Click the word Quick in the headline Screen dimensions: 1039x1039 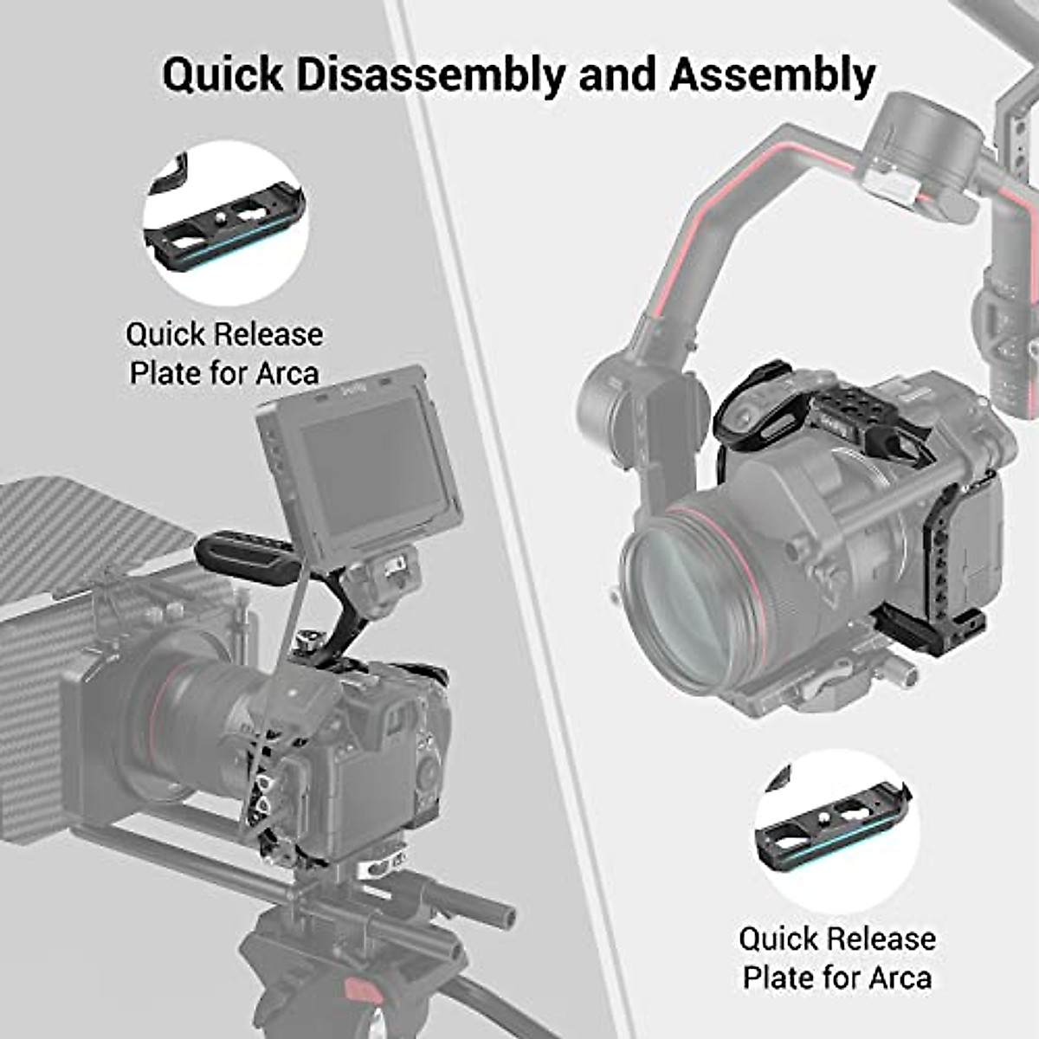pyautogui.click(x=223, y=75)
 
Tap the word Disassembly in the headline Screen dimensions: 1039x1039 pyautogui.click(x=429, y=75)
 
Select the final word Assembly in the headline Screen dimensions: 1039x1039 pyautogui.click(x=771, y=75)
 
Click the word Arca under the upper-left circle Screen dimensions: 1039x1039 pyautogui.click(x=287, y=373)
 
